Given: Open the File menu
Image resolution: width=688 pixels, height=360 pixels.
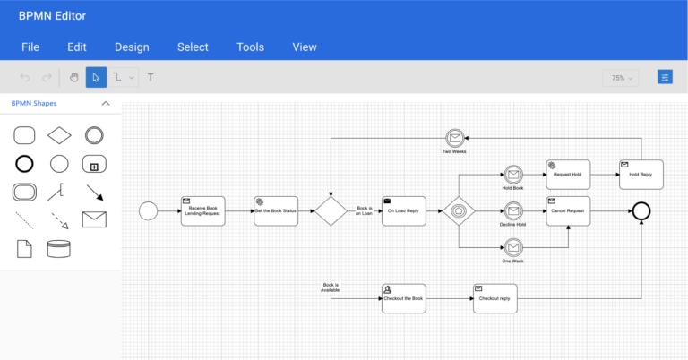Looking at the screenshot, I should [x=30, y=47].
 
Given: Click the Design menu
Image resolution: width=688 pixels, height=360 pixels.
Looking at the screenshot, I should [x=132, y=47].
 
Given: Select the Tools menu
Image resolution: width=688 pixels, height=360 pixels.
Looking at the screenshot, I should [x=250, y=47].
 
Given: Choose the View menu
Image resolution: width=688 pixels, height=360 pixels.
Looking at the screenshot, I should [x=305, y=47].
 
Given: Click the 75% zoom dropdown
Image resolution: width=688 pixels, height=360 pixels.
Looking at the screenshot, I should [x=620, y=78].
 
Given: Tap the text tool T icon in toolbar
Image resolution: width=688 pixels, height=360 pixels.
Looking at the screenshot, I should [x=150, y=78].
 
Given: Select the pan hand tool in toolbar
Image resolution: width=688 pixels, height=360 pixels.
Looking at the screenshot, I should [x=74, y=78].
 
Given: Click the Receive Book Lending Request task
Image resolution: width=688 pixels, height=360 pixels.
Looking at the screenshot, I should [x=202, y=210].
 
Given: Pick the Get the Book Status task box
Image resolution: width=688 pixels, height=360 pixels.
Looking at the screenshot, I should [x=276, y=210].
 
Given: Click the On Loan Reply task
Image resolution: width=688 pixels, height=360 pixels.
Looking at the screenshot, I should [x=404, y=210].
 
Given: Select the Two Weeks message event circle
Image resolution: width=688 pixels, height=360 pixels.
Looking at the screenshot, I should [x=454, y=138].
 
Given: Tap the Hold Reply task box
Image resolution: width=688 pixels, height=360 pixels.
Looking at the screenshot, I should [x=641, y=174].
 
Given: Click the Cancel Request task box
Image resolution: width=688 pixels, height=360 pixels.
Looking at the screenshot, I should [x=568, y=210].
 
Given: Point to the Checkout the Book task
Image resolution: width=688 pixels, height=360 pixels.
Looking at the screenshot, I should [x=403, y=298].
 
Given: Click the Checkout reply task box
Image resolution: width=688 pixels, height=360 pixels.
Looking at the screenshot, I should [x=494, y=298].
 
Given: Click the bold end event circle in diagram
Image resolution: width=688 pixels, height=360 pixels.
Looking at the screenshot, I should [x=641, y=210].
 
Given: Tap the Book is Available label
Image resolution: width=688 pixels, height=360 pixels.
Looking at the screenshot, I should [x=330, y=287].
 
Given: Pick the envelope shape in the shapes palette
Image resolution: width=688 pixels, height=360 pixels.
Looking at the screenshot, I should [x=94, y=219].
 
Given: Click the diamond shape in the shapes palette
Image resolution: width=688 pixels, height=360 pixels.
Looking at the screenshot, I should [x=59, y=135].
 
